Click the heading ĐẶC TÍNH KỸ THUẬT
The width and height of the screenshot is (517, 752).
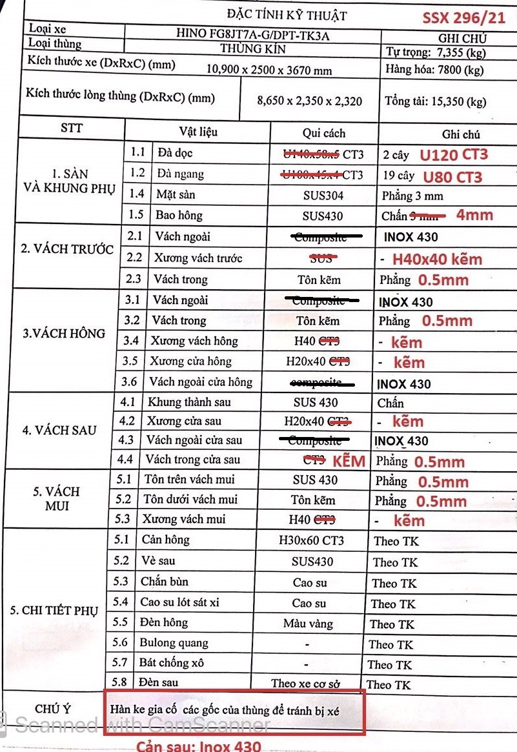pyautogui.click(x=287, y=15)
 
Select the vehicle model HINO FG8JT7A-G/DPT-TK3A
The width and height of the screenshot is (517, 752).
pyautogui.click(x=252, y=35)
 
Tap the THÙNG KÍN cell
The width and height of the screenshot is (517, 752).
pyautogui.click(x=252, y=48)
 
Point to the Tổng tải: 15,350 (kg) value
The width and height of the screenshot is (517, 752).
pyautogui.click(x=435, y=101)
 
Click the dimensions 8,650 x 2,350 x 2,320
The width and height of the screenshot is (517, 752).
pyautogui.click(x=309, y=101)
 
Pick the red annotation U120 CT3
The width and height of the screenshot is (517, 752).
pyautogui.click(x=453, y=155)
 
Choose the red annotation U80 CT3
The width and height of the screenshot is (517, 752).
pyautogui.click(x=452, y=177)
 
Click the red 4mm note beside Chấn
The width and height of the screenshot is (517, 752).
pyautogui.click(x=474, y=215)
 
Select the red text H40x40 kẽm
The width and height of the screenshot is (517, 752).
pyautogui.click(x=437, y=259)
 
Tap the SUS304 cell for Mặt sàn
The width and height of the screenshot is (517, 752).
pyautogui.click(x=323, y=195)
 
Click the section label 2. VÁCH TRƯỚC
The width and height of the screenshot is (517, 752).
pyautogui.click(x=67, y=249)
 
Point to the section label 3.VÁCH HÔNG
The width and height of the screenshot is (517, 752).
pyautogui.click(x=63, y=333)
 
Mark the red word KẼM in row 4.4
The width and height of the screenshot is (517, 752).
pyautogui.click(x=349, y=461)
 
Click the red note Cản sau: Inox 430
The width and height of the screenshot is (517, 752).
pyautogui.click(x=198, y=746)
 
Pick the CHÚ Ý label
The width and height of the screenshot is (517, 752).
pyautogui.click(x=53, y=709)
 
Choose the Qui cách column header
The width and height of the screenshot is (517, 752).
pyautogui.click(x=324, y=133)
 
